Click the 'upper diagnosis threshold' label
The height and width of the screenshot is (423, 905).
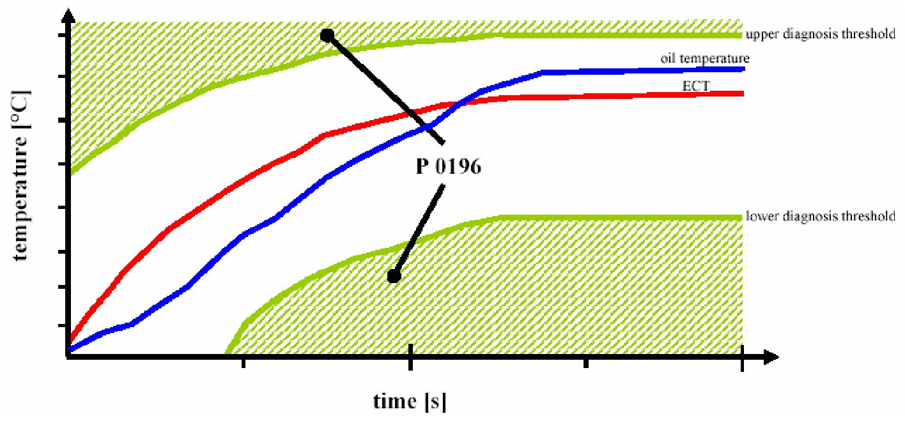pos(820,35)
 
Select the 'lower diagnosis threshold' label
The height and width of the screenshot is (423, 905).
pos(820,217)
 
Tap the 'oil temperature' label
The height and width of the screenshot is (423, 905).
pos(705,58)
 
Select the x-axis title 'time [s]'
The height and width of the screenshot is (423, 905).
pos(410,401)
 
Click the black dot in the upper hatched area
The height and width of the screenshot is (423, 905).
pos(327,35)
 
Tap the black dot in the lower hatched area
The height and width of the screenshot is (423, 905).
pos(394,276)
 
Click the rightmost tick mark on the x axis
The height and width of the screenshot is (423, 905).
pos(742,362)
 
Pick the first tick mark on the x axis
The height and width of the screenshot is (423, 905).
pos(242,362)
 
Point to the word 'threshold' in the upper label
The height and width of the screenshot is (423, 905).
pos(873,35)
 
